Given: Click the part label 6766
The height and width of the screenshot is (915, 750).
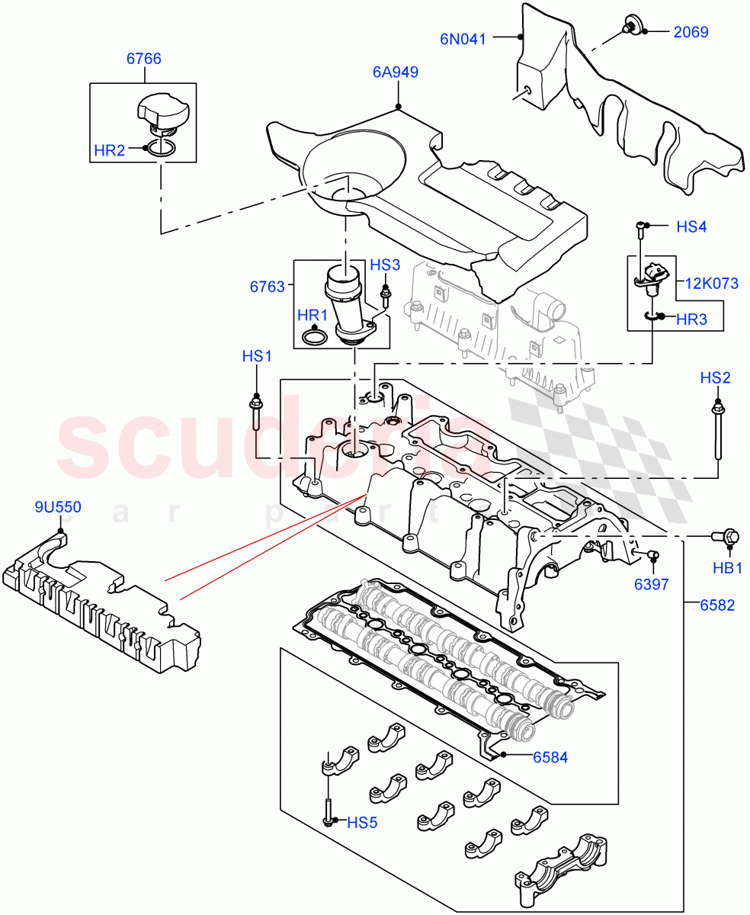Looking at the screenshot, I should point(143,59).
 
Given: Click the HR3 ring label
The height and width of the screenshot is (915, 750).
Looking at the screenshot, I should point(691,319).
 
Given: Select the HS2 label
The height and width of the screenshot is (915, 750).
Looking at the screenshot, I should point(716,377).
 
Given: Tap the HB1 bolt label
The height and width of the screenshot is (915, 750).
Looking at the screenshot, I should point(727,568).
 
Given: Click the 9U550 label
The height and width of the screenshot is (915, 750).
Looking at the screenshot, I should point(58,506).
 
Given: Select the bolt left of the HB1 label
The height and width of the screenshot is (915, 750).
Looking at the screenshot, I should point(721,538).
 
